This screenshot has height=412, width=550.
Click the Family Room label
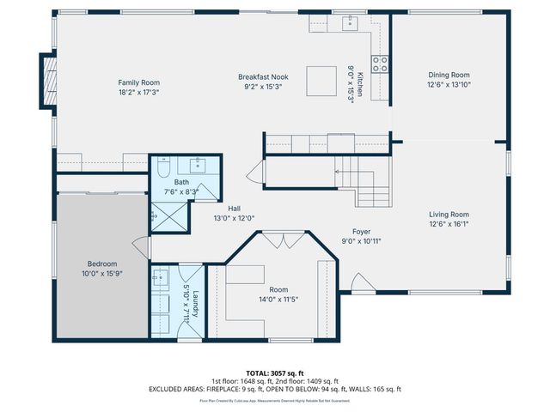point(139,82)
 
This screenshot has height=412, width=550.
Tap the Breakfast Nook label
point(263,76)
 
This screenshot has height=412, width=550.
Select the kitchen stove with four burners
point(379,64)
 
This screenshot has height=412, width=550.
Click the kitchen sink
point(351,23)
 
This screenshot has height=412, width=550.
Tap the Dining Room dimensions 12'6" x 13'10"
point(448,85)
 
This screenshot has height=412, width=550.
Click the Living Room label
point(448,215)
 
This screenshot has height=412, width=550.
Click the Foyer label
point(361,232)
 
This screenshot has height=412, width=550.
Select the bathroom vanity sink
point(199,165)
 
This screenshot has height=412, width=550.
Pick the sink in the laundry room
point(162,278)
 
